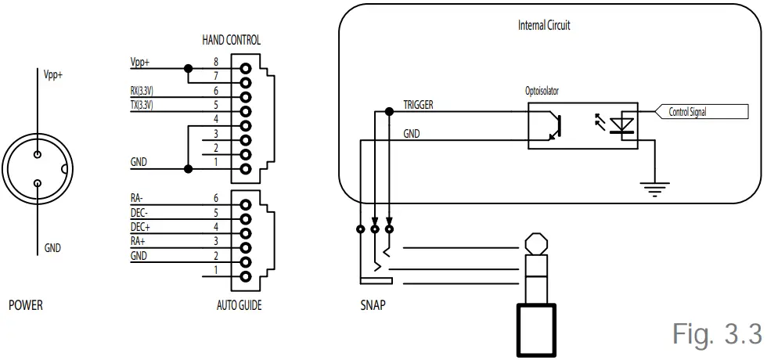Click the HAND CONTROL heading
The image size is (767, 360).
point(231,40)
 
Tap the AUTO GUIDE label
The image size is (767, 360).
point(239,305)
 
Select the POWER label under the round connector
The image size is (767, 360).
point(25,305)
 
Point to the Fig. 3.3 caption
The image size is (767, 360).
point(716,333)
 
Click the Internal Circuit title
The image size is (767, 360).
point(544,25)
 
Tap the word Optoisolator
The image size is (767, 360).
point(542,91)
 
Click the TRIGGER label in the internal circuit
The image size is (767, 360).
point(418,104)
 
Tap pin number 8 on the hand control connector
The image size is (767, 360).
point(216,61)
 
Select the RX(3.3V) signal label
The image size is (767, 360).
point(142,91)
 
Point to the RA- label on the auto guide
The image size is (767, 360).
point(138,199)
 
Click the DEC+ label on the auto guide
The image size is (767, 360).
point(139,227)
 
